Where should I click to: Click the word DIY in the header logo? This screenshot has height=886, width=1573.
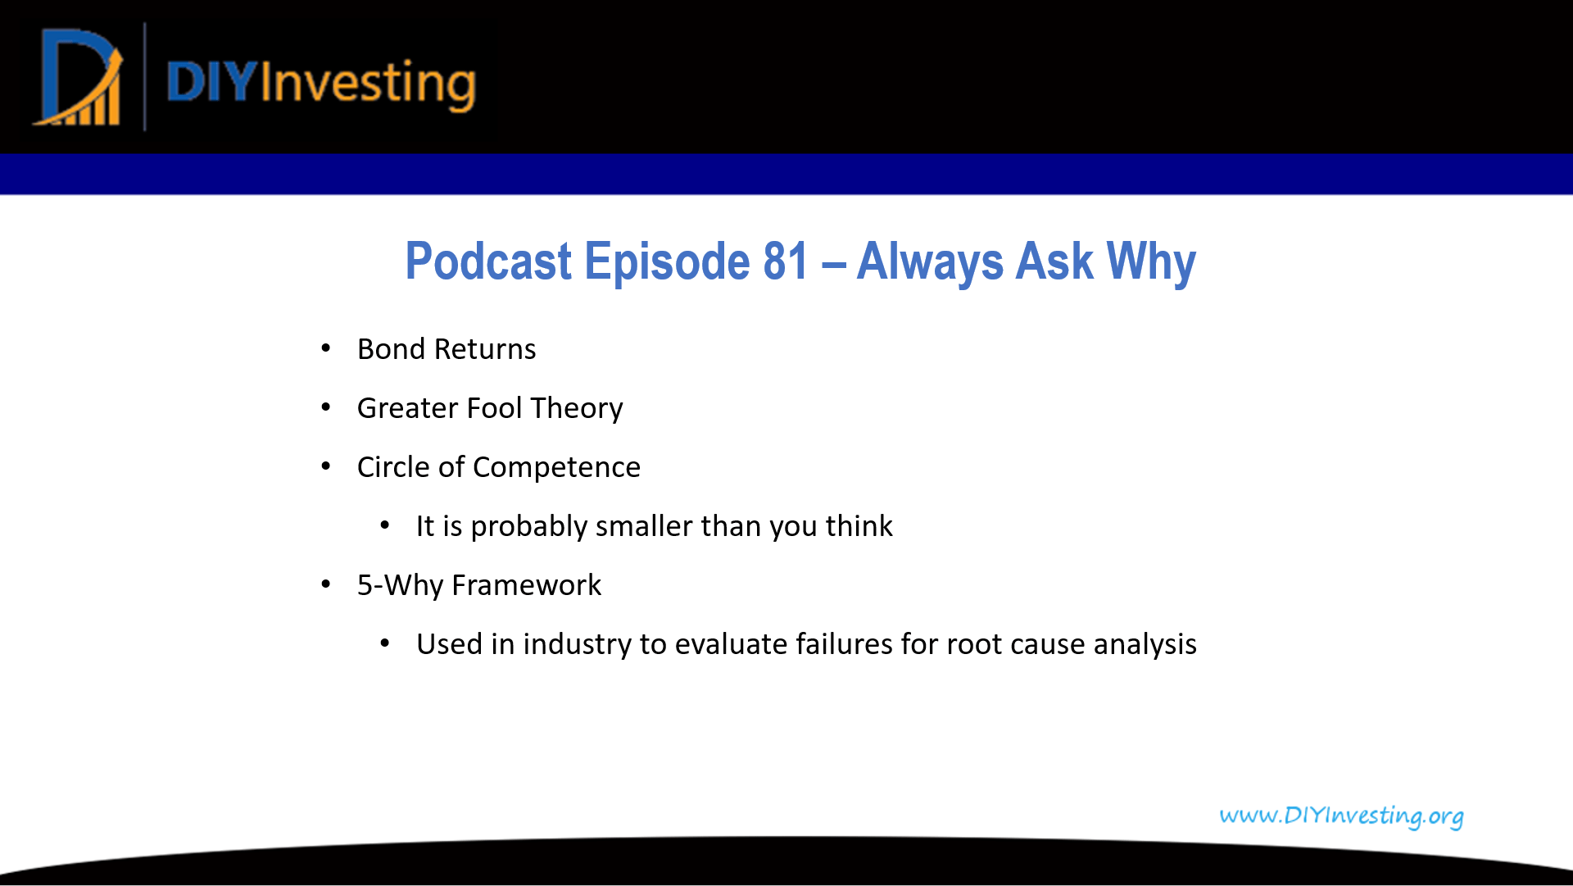point(211,82)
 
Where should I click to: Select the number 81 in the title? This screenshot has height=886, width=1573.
point(785,261)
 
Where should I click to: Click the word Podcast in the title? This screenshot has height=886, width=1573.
point(488,261)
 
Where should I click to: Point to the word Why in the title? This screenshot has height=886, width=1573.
point(1150,261)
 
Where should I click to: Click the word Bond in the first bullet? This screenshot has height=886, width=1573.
point(392,349)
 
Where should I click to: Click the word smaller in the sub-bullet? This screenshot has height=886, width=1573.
point(643,526)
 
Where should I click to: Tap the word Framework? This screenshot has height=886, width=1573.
point(526,585)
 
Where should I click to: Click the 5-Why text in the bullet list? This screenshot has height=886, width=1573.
point(400,585)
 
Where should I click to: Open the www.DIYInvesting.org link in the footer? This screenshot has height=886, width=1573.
point(1341,816)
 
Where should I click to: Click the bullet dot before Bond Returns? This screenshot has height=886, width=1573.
point(326,348)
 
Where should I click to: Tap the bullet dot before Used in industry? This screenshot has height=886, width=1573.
point(385,643)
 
